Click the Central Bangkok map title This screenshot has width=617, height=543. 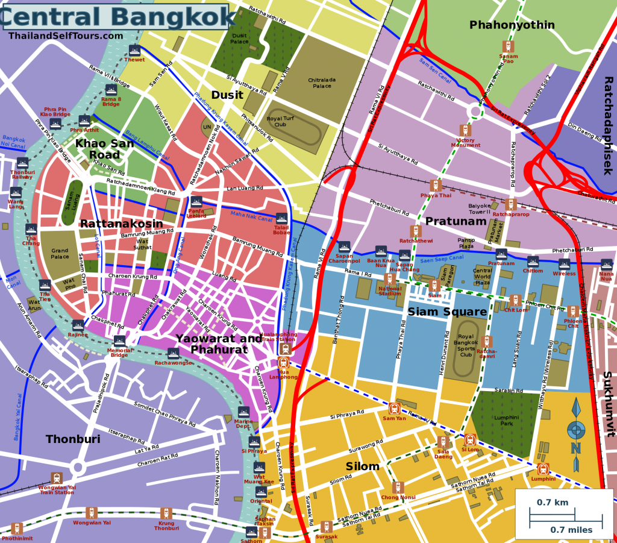(x=117, y=16)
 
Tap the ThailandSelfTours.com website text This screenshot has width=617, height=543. (x=66, y=36)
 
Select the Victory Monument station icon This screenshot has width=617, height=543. (x=465, y=130)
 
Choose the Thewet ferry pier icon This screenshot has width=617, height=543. (x=134, y=50)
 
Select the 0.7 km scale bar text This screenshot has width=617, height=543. (x=553, y=502)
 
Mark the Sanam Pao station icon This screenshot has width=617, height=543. (x=508, y=46)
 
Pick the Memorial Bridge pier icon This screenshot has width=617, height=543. (x=119, y=341)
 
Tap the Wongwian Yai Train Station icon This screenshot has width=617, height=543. (x=57, y=477)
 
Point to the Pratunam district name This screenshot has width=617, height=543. (x=456, y=221)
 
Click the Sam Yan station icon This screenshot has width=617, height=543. (x=394, y=409)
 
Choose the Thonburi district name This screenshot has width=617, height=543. (x=73, y=439)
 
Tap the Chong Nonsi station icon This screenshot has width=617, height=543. (x=398, y=487)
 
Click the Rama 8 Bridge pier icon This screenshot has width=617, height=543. (x=110, y=90)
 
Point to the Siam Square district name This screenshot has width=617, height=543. (x=447, y=312)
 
